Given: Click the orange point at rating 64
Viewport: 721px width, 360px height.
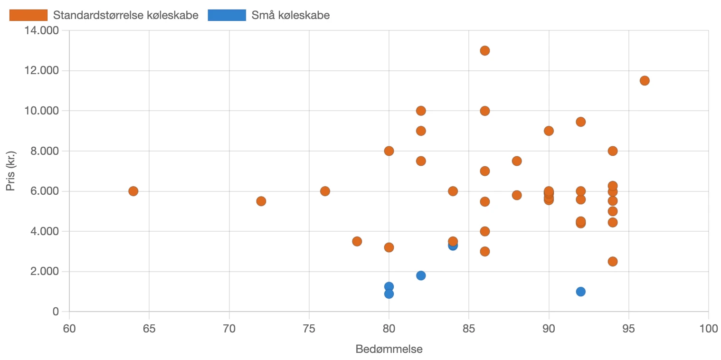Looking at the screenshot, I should [x=133, y=191].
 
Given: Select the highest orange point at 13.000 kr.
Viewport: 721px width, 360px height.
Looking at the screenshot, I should [x=485, y=50].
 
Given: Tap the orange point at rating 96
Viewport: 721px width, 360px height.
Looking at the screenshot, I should [x=645, y=81].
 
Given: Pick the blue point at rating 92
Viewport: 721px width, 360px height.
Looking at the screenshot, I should [x=580, y=292].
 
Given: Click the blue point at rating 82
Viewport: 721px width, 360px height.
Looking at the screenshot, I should [x=421, y=275].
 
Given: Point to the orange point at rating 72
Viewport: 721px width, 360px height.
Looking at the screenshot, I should [x=261, y=201].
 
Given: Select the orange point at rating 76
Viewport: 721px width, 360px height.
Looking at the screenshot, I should [x=325, y=191].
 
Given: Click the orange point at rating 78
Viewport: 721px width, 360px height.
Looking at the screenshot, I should [x=357, y=241].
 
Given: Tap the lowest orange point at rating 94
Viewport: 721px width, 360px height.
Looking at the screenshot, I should [x=613, y=262].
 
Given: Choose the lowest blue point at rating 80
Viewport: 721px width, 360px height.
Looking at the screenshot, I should [x=389, y=294].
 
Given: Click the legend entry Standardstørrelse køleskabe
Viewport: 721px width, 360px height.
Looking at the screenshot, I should [x=125, y=15].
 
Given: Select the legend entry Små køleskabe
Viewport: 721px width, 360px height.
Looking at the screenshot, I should [x=291, y=15].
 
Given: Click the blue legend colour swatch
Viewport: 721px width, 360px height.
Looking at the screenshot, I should [x=227, y=15].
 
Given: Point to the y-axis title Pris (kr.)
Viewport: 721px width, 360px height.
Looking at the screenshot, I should [x=10, y=171].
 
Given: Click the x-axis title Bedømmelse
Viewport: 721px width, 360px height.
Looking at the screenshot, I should [x=389, y=350].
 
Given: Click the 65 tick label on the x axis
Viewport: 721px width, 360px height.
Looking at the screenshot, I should [x=149, y=329].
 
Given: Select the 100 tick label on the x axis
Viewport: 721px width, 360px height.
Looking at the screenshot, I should [x=709, y=329].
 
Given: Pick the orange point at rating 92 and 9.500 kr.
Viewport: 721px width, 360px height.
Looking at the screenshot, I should [x=580, y=122].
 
